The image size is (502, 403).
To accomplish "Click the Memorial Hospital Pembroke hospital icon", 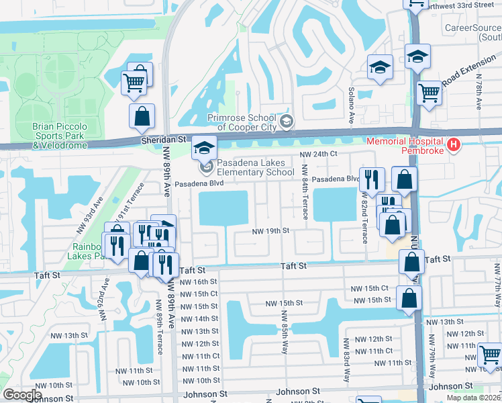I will click(454, 144).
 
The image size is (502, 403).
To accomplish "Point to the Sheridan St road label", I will click(162, 139).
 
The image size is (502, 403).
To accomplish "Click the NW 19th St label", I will click(270, 231).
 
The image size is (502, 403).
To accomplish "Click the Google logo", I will click(22, 395).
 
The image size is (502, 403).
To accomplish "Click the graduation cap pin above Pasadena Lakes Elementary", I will click(203, 146).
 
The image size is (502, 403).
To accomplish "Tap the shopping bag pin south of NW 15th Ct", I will click(409, 299).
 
